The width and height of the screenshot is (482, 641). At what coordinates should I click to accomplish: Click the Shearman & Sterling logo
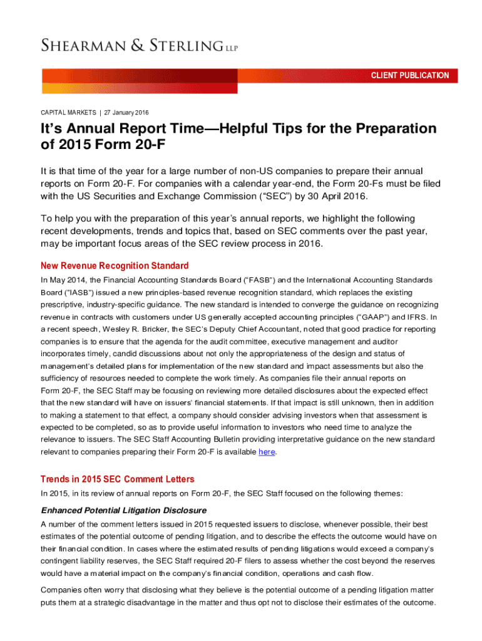[x=139, y=45]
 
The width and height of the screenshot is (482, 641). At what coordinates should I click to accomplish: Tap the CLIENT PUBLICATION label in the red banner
[x=410, y=76]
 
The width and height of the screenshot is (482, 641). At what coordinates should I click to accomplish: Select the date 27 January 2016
[x=126, y=113]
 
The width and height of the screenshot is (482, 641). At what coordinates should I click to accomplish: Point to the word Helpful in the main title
[x=255, y=129]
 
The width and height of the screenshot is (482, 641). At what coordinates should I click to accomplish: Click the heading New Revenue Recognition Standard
[x=115, y=265]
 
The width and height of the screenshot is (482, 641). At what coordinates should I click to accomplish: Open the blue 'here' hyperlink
[x=267, y=451]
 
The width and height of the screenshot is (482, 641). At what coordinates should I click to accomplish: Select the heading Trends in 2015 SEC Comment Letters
[x=117, y=479]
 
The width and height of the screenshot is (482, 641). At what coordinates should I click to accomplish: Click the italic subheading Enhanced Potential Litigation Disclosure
[x=123, y=510]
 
